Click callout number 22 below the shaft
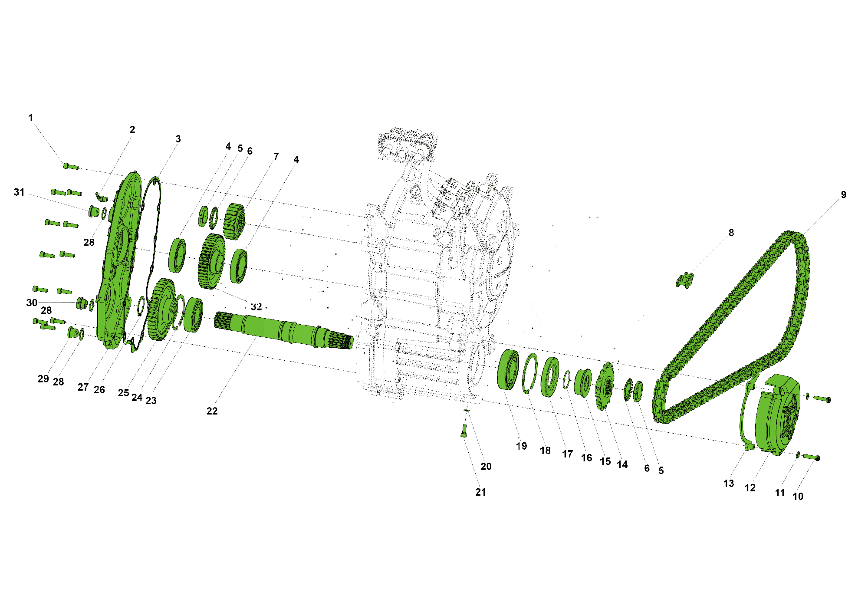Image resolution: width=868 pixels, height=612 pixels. (x=212, y=411)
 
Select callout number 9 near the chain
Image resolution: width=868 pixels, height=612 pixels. (x=843, y=195)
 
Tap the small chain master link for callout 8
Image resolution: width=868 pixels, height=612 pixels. (x=685, y=280)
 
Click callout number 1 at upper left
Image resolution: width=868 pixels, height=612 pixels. (x=30, y=118)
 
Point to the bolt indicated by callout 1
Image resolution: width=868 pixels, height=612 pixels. (x=71, y=166)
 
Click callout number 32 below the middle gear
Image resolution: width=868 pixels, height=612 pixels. (x=256, y=307)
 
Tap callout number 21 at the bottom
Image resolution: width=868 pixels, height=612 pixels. (x=480, y=492)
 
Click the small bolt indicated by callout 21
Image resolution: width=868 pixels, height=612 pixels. (x=464, y=431)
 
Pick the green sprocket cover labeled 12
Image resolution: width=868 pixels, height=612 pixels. (x=777, y=417)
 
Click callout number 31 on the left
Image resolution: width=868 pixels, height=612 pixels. (x=19, y=192)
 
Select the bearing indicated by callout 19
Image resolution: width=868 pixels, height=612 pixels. (x=508, y=370)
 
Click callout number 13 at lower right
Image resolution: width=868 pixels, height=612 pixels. (x=728, y=484)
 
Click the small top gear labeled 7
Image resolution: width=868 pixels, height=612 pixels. (x=235, y=221)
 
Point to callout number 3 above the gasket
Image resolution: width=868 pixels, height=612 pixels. (x=178, y=139)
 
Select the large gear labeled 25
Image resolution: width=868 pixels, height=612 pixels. (x=161, y=309)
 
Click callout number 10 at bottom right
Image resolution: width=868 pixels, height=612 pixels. (x=798, y=497)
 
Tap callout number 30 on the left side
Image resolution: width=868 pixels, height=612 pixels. (x=32, y=303)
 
